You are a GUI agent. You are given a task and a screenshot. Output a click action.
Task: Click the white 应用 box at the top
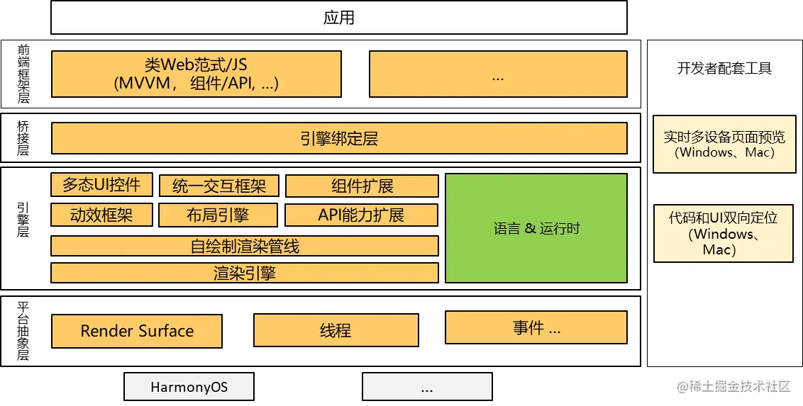339,17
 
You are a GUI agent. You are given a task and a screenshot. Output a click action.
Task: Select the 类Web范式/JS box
196,74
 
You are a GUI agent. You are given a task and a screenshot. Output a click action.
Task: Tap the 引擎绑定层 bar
339,138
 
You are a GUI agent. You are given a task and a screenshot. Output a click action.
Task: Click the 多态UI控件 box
101,186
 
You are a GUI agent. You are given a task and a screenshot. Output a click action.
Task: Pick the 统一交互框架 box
218,186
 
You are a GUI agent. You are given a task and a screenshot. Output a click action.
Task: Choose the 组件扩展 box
362,186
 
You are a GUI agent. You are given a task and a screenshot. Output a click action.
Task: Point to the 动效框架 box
101,215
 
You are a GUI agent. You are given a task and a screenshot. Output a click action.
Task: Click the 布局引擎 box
218,215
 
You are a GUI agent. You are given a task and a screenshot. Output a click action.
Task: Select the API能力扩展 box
361,215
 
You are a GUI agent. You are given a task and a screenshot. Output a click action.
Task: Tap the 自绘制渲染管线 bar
245,246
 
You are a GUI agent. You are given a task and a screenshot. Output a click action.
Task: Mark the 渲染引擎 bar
245,273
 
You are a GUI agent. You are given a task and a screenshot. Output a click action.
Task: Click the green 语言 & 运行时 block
536,228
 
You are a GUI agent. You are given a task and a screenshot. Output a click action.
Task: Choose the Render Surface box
137,331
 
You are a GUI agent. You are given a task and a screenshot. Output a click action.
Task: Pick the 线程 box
336,330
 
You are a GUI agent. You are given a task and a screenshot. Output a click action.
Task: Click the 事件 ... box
536,327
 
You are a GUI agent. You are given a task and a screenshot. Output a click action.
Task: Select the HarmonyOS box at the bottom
189,387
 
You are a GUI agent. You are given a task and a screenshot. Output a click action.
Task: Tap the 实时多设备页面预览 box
724,144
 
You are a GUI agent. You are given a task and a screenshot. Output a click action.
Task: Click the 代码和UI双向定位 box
724,233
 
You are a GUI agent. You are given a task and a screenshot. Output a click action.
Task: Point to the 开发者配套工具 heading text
724,69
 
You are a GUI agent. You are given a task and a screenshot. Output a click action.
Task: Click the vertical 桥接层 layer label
23,137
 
